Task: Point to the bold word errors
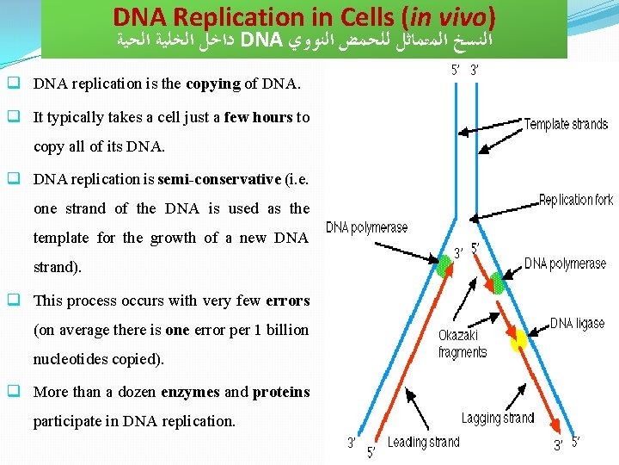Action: (286, 301)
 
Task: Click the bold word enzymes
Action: (191, 392)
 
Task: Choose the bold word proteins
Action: (280, 392)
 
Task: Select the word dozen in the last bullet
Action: (135, 392)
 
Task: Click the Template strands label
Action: (566, 124)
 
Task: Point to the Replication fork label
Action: (575, 201)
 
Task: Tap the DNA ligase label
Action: (577, 324)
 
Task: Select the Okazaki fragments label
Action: (462, 344)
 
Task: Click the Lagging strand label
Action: (497, 418)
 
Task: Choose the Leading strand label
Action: (423, 443)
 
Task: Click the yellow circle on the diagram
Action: (518, 340)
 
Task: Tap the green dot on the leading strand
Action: (444, 266)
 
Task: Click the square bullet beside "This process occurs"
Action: (14, 301)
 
